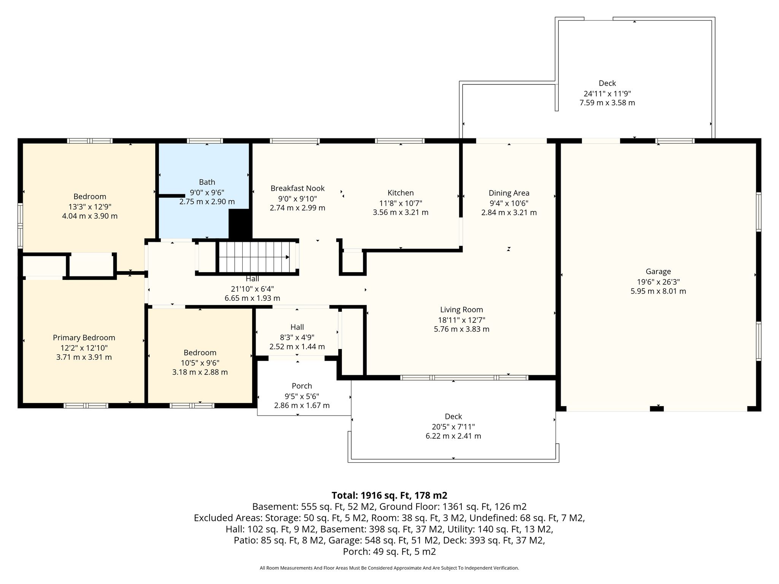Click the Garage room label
tap(658, 271)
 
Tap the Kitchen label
tap(401, 193)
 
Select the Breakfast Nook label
tap(297, 188)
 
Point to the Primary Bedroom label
tap(84, 338)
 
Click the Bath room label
tap(207, 182)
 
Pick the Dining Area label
tap(509, 193)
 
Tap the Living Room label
tap(461, 310)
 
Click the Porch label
tap(302, 386)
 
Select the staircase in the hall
tap(258, 257)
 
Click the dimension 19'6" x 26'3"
tap(658, 282)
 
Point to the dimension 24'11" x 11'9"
tap(607, 93)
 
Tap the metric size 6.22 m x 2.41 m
tap(453, 436)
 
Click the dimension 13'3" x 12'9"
tap(89, 207)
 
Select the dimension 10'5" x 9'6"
tap(200, 363)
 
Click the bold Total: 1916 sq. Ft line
tap(389, 495)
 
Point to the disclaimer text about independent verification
tap(389, 568)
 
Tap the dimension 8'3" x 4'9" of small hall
tap(297, 337)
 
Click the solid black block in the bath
tap(240, 225)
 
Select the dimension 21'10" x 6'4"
tap(252, 289)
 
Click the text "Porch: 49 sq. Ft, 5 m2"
tap(389, 552)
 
